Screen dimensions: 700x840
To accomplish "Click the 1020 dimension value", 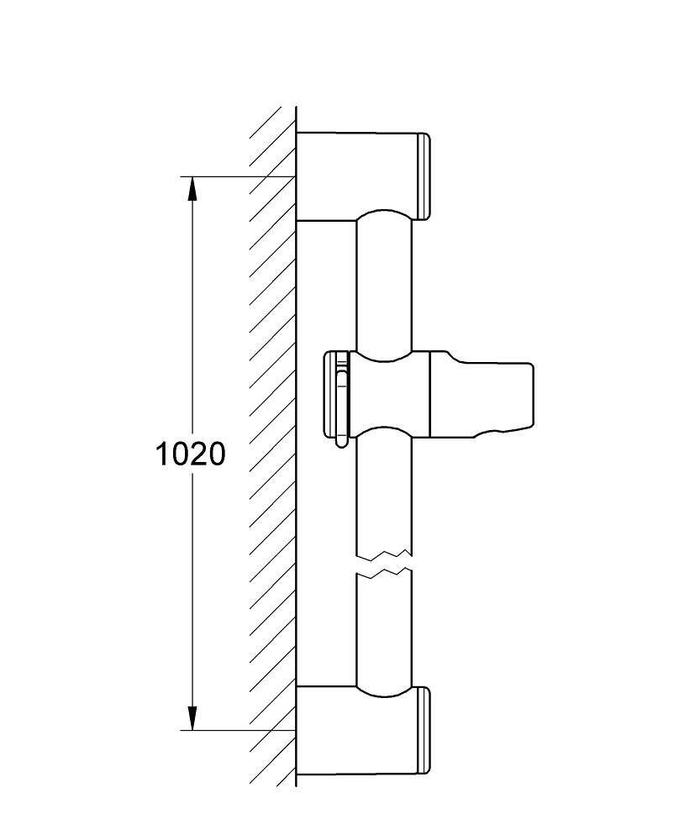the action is (190, 454).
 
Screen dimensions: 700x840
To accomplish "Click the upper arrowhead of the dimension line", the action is (192, 188).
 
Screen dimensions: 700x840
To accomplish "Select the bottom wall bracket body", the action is (356, 732).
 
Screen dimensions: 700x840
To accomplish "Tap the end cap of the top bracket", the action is (424, 176).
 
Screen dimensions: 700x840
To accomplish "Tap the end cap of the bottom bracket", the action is (424, 731).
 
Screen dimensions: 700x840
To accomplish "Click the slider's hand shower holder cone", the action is (482, 395).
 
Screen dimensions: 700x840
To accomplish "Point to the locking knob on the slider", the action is (336, 394).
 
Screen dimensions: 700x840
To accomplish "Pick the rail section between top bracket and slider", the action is (384, 284).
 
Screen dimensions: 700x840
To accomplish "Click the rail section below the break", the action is (384, 633).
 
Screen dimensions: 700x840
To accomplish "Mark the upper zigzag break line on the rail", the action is (384, 553).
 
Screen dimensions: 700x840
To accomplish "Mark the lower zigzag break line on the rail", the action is (384, 574).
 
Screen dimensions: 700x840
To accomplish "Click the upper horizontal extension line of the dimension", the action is (238, 176).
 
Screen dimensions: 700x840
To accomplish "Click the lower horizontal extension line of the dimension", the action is (238, 730).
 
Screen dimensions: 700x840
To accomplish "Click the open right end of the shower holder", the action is (532, 396).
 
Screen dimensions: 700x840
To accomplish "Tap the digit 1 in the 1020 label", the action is (161, 454).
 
